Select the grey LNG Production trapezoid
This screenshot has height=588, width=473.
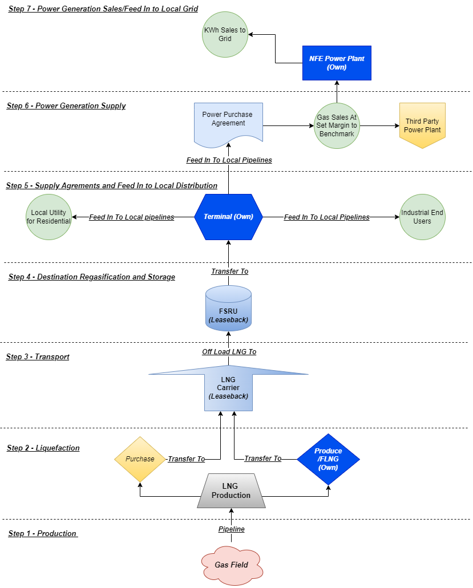click(231, 491)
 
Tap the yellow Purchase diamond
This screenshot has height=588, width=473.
click(140, 459)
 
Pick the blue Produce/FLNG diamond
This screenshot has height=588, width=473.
click(328, 459)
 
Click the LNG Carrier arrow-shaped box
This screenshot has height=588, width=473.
click(228, 388)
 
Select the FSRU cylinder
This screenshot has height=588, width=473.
click(228, 308)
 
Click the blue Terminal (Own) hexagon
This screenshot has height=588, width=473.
click(228, 217)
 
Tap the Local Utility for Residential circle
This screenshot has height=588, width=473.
click(49, 217)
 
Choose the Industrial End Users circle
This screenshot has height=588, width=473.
click(422, 217)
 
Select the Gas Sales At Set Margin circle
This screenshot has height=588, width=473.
click(337, 125)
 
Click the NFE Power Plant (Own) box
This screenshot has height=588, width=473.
click(337, 63)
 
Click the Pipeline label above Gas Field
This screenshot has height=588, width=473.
click(231, 529)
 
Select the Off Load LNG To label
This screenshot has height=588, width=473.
click(229, 352)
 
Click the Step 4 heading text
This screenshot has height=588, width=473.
click(92, 277)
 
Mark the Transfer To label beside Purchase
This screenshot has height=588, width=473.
click(186, 459)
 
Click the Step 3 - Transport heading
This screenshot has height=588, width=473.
click(38, 357)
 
